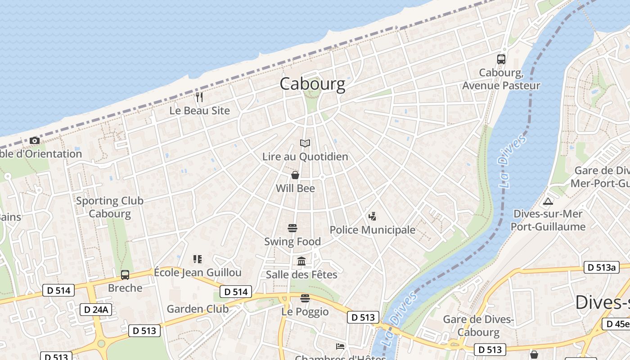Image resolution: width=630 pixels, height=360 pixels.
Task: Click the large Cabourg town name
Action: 312,84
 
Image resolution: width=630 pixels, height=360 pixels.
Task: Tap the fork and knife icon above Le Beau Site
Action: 199,97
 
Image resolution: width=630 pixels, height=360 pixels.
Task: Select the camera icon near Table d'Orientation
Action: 35,141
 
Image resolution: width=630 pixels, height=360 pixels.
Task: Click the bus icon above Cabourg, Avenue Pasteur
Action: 501,59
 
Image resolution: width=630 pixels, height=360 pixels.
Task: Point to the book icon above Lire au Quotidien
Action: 305,144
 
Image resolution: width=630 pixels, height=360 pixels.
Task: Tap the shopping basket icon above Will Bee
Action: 295,175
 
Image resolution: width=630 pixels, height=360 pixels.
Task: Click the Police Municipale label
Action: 373,230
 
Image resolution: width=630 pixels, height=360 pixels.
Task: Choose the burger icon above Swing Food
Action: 292,228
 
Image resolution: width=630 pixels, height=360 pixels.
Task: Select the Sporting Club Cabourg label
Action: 109,207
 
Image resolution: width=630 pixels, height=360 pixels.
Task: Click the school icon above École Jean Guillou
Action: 198,259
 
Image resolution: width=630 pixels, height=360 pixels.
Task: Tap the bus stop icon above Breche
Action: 125,274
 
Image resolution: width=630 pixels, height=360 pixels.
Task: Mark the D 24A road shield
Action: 96,310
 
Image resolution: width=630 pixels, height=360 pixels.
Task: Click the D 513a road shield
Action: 601,267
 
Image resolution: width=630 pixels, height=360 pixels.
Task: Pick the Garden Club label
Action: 198,309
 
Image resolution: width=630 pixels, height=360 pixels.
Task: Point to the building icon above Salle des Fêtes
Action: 301,261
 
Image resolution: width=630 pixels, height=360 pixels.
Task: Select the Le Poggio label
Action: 305,312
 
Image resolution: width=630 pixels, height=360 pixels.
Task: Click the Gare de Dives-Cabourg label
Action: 478,326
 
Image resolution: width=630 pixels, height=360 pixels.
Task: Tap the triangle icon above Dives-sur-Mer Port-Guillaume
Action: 548,201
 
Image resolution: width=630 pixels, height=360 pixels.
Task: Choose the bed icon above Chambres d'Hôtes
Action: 340,346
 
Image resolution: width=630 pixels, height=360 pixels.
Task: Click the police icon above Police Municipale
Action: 372,216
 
